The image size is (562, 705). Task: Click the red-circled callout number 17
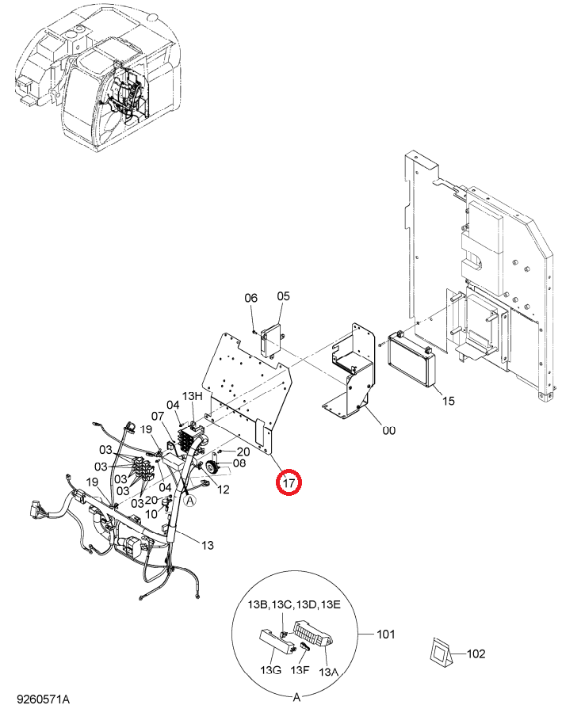tap(289, 483)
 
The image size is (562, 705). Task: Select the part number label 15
tap(449, 401)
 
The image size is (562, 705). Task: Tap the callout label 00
tap(388, 430)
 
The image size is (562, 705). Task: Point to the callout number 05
tap(283, 295)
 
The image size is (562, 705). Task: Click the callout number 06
tap(251, 298)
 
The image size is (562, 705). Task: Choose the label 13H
tap(192, 396)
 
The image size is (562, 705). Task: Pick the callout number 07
tap(158, 417)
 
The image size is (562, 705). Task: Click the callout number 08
tap(239, 462)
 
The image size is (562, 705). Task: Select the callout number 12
tap(224, 489)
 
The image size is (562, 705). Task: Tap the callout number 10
tap(151, 514)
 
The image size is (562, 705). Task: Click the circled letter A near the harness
tap(190, 500)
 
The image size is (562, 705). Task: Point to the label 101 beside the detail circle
tap(385, 634)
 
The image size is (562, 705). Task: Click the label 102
tap(476, 654)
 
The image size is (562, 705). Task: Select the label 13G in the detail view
tap(271, 670)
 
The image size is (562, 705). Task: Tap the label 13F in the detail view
tap(300, 670)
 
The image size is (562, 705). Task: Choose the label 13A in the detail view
tap(328, 672)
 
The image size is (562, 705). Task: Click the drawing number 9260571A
tap(43, 699)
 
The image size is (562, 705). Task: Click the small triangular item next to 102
tap(440, 650)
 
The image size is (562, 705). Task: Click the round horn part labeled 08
tap(211, 467)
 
